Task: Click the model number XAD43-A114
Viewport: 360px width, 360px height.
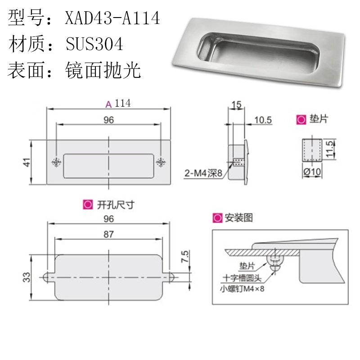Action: click(112, 19)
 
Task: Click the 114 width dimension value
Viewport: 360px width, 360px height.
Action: click(122, 103)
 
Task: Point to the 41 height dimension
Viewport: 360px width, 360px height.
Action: click(27, 162)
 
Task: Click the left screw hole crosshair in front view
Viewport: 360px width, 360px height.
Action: click(56, 162)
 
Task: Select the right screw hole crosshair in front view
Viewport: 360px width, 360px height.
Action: click(161, 162)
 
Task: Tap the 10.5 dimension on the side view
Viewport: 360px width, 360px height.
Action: click(263, 120)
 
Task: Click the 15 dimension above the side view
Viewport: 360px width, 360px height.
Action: click(236, 104)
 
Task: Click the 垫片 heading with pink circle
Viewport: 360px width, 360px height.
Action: click(313, 120)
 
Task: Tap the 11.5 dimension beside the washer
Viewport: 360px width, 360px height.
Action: click(330, 148)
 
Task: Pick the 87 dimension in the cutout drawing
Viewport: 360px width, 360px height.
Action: click(108, 234)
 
